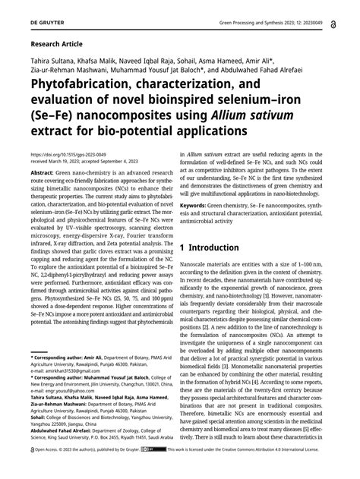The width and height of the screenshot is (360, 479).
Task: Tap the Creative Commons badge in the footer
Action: (159, 470)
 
